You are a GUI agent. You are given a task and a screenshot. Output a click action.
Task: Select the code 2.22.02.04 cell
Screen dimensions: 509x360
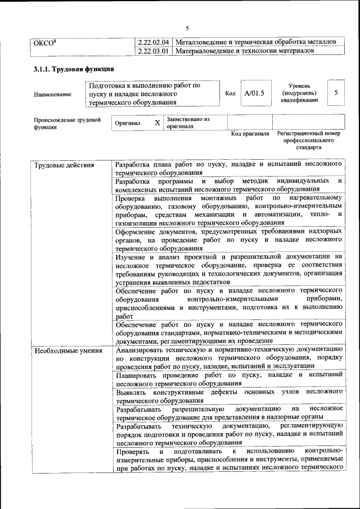tap(154, 42)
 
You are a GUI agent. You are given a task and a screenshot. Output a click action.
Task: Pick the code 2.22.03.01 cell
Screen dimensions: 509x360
tap(154, 51)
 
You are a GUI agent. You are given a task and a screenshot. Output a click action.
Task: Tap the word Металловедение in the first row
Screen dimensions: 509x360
tap(203, 42)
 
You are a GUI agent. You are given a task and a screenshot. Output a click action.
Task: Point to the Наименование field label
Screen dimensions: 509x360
tap(52, 94)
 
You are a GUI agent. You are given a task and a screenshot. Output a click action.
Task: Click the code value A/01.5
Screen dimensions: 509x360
tap(251, 93)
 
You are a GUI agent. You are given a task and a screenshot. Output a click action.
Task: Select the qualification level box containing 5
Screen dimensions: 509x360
tap(336, 93)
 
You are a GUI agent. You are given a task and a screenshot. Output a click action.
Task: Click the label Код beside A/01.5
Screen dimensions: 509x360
tap(230, 93)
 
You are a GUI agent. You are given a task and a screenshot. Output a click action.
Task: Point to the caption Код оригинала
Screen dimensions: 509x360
tap(250, 134)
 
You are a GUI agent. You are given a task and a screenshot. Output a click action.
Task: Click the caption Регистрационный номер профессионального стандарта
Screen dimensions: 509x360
tap(309, 141)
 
